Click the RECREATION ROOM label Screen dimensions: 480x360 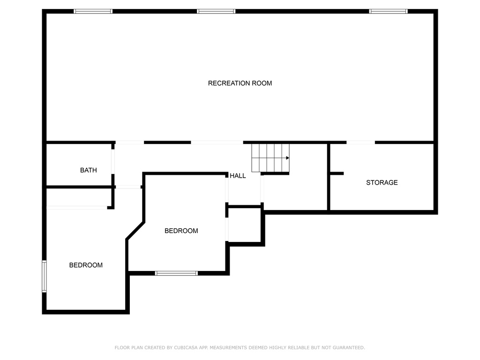240,83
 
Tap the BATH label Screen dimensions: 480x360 89,170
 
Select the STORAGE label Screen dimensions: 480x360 382,182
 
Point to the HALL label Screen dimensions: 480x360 238,176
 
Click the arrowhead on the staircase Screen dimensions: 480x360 287,158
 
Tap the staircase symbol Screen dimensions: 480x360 270,158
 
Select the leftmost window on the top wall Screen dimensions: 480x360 93,11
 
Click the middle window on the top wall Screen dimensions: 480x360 216,11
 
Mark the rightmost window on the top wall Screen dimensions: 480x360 388,11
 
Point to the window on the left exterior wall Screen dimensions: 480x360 44,277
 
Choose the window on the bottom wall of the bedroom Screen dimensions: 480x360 176,273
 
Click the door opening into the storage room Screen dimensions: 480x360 360,142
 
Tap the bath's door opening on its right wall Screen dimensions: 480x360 112,162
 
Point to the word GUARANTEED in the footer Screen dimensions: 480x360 349,348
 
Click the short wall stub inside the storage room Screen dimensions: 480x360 337,173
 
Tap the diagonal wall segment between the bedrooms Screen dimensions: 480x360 135,231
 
